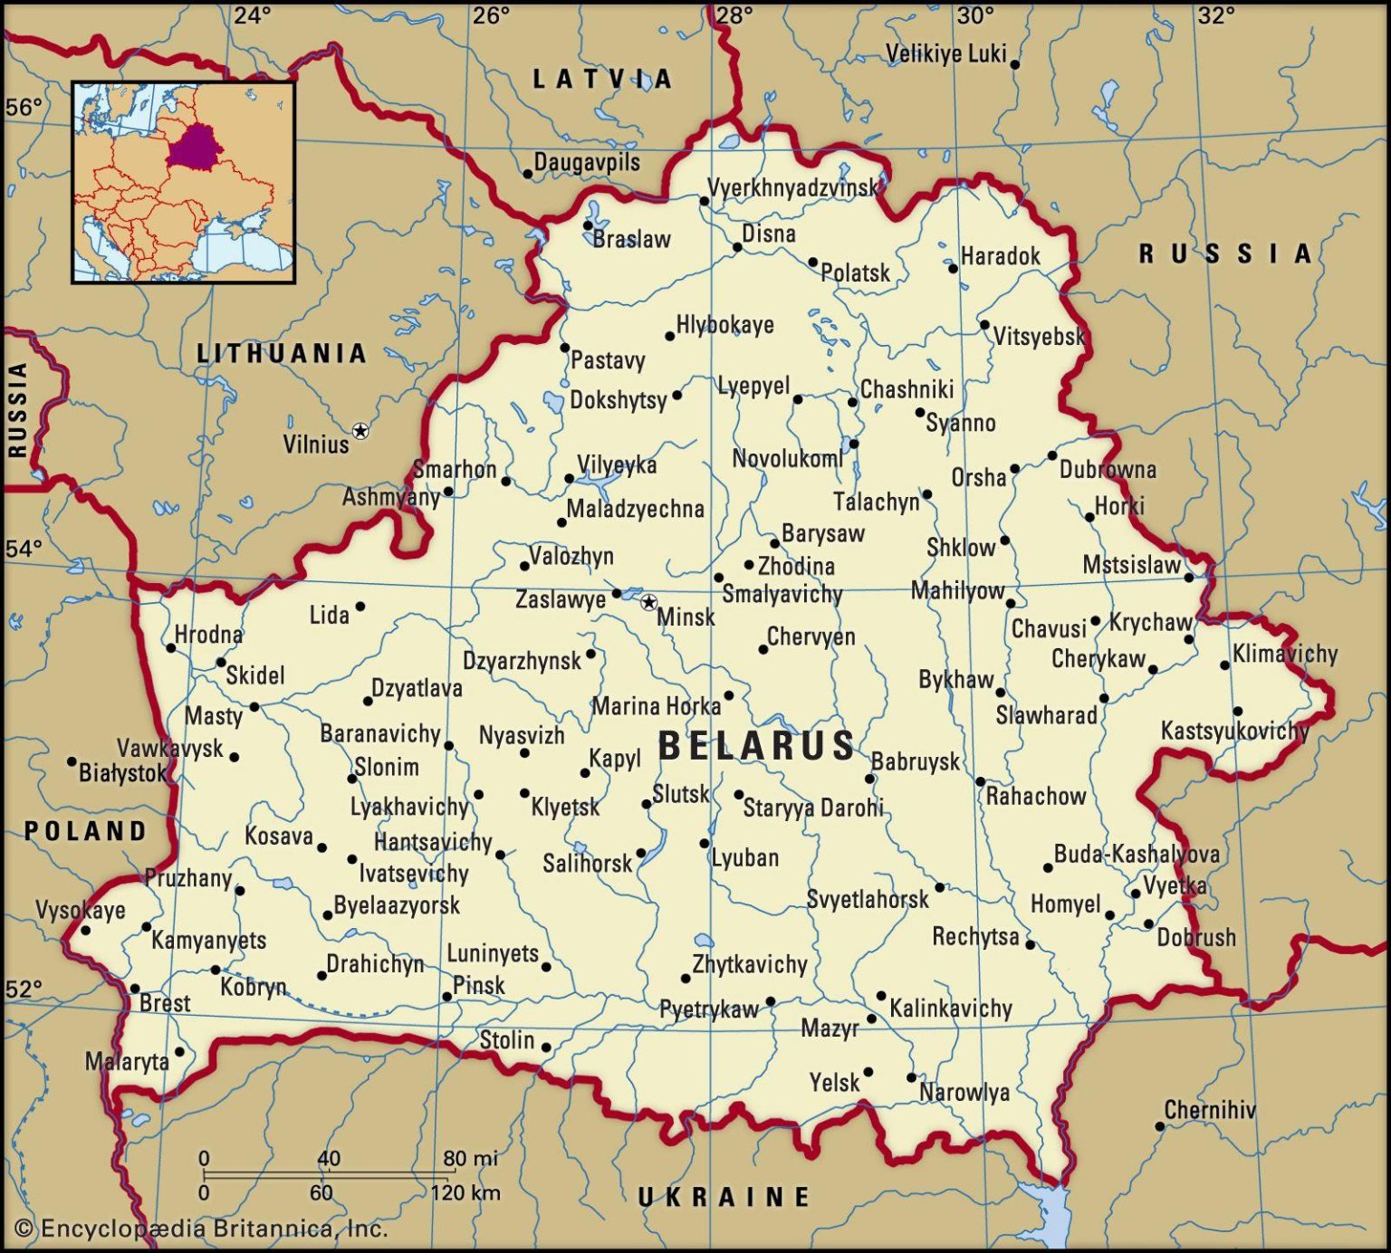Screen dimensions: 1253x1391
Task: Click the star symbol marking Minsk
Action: [x=649, y=602]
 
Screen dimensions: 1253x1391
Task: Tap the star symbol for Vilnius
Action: [x=360, y=431]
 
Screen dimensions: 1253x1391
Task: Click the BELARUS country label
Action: [x=756, y=746]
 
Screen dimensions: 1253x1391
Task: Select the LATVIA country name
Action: [x=602, y=80]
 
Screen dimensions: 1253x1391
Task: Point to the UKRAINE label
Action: [x=724, y=1197]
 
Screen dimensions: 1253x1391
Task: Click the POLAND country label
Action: [x=85, y=830]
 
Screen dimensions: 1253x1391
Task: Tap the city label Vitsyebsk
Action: [x=1039, y=337]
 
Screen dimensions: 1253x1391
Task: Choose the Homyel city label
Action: [x=1065, y=904]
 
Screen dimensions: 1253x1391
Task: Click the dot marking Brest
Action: [x=135, y=989]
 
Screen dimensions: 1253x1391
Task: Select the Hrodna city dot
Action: [x=170, y=647]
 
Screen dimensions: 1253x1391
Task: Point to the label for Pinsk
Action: [x=479, y=985]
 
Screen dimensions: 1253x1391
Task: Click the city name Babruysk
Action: [x=916, y=761]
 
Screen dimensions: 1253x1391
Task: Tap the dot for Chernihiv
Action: [x=1159, y=1126]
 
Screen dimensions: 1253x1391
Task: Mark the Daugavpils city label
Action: [x=587, y=162]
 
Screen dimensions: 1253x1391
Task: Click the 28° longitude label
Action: [x=734, y=15]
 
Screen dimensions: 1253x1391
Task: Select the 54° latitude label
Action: [x=24, y=549]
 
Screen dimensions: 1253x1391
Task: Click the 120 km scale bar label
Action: [x=465, y=1191]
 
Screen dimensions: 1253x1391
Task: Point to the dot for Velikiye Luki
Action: [x=1014, y=64]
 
